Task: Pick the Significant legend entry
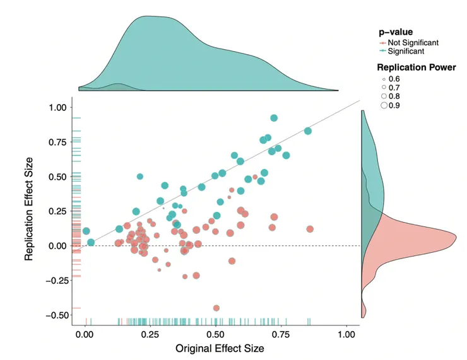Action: click(x=406, y=51)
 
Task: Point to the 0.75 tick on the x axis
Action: click(x=281, y=334)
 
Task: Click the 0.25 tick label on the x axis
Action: click(x=150, y=334)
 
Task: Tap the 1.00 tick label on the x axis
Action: click(x=347, y=334)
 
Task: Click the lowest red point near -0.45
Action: click(x=216, y=308)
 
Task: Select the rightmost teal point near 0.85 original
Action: click(x=308, y=131)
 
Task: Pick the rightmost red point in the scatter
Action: click(x=310, y=229)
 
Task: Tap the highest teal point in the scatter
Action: click(x=274, y=118)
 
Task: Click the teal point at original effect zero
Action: click(x=86, y=231)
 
